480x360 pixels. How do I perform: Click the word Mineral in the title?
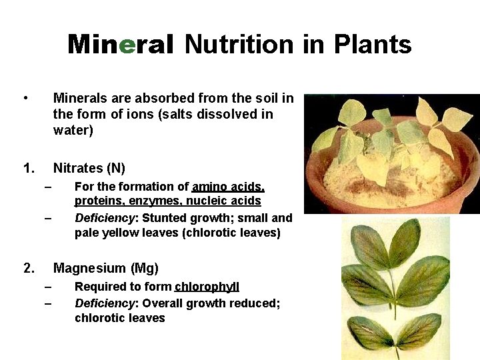(x=120, y=45)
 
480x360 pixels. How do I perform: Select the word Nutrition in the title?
(x=239, y=45)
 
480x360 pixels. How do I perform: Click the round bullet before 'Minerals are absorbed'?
(x=25, y=99)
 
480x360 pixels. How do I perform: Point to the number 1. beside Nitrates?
(x=29, y=168)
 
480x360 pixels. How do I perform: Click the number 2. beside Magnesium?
(x=29, y=268)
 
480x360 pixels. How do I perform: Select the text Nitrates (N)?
(x=89, y=168)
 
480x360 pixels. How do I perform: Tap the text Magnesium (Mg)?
(x=106, y=268)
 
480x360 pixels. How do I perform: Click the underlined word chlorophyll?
(x=207, y=287)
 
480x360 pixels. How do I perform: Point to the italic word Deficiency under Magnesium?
(x=105, y=303)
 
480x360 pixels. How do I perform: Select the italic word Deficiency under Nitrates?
(x=105, y=217)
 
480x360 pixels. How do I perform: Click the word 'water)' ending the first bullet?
(x=73, y=130)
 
